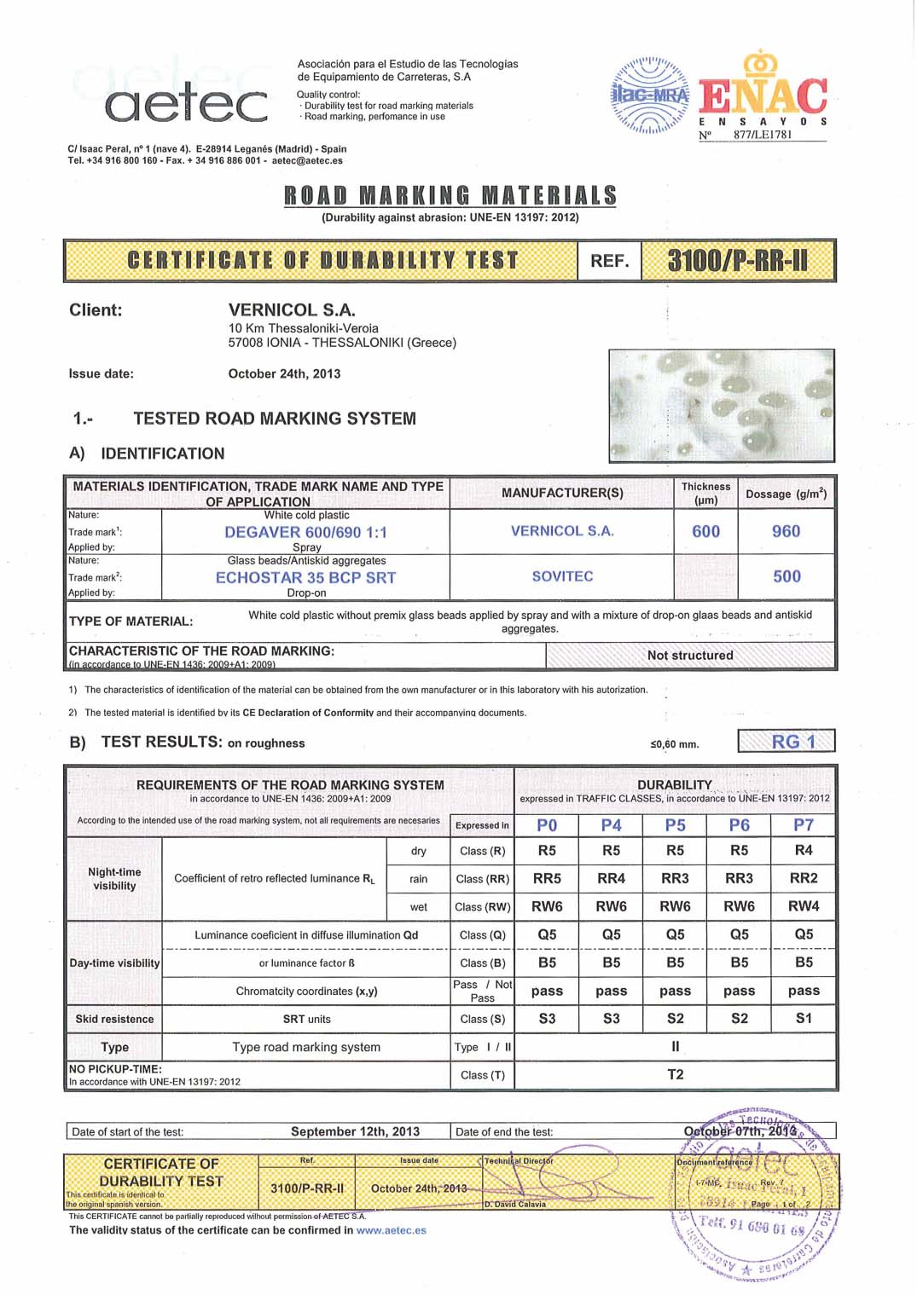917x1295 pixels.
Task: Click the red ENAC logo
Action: pyautogui.click(x=763, y=95)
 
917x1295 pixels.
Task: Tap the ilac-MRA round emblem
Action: pyautogui.click(x=650, y=95)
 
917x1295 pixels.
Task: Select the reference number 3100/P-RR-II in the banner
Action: pyautogui.click(x=738, y=260)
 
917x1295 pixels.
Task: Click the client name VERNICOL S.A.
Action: pyautogui.click(x=292, y=310)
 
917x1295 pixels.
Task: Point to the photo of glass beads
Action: pyautogui.click(x=721, y=406)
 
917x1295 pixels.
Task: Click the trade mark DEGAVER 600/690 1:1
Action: pyautogui.click(x=305, y=532)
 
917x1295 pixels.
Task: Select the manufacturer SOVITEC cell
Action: pyautogui.click(x=562, y=576)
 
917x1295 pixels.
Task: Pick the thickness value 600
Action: pyautogui.click(x=705, y=531)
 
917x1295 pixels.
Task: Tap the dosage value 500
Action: pyautogui.click(x=786, y=576)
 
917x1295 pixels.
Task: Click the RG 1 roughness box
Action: pyautogui.click(x=786, y=742)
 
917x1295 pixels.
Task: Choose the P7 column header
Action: pyautogui.click(x=804, y=825)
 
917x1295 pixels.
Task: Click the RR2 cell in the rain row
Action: pyautogui.click(x=804, y=878)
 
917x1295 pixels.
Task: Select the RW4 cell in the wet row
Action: pyautogui.click(x=804, y=906)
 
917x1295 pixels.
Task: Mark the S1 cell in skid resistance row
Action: pyautogui.click(x=804, y=1018)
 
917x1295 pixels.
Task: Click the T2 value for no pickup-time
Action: pyautogui.click(x=676, y=1074)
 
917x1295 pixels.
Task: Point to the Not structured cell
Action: pyautogui.click(x=690, y=655)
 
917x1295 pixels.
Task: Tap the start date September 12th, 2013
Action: pyautogui.click(x=355, y=1131)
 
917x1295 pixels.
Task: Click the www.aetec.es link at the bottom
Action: pyautogui.click(x=391, y=1230)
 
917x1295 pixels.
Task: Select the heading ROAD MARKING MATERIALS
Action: pyautogui.click(x=450, y=196)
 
